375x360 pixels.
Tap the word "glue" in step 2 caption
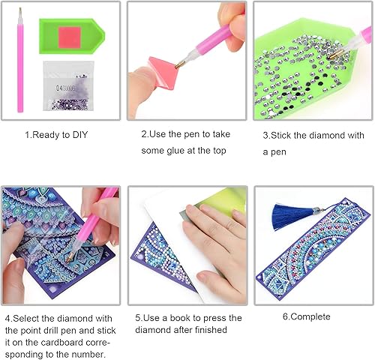180,151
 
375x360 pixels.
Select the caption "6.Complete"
306,316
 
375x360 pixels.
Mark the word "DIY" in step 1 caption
85,136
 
